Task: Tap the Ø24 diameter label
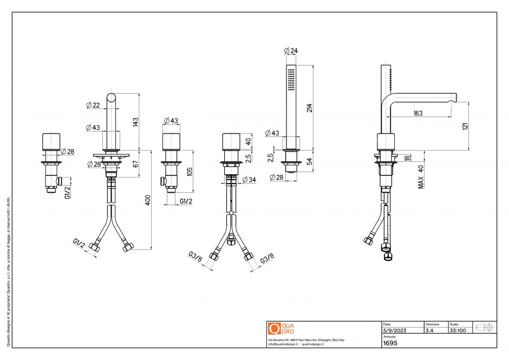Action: pyautogui.click(x=291, y=51)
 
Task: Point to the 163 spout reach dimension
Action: pyautogui.click(x=417, y=113)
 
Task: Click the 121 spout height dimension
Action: pyautogui.click(x=465, y=126)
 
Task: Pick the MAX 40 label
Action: pyautogui.click(x=421, y=176)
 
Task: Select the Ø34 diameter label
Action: pyautogui.click(x=249, y=179)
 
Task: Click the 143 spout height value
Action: pyautogui.click(x=136, y=122)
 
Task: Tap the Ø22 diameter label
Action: pyautogui.click(x=93, y=105)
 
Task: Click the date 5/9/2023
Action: pyautogui.click(x=394, y=330)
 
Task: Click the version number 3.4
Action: pyautogui.click(x=429, y=330)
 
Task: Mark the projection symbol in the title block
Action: pyautogui.click(x=484, y=328)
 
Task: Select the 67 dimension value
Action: pyautogui.click(x=136, y=163)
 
